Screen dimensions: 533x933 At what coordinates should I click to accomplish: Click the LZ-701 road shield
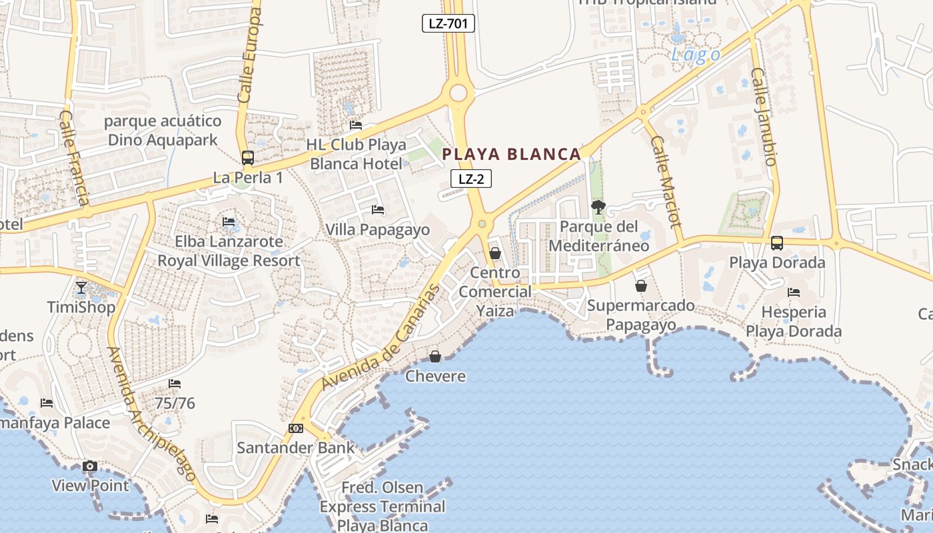pyautogui.click(x=448, y=23)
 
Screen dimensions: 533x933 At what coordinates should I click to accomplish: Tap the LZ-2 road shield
pyautogui.click(x=471, y=179)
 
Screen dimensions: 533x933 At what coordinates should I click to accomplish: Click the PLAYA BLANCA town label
pyautogui.click(x=512, y=155)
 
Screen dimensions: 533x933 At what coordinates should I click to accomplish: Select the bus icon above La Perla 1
pyautogui.click(x=247, y=158)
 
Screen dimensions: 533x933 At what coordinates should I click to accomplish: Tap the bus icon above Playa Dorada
pyautogui.click(x=777, y=243)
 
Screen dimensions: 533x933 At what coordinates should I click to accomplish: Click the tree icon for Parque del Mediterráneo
pyautogui.click(x=598, y=207)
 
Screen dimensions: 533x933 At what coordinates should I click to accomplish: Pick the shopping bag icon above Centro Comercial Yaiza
pyautogui.click(x=495, y=253)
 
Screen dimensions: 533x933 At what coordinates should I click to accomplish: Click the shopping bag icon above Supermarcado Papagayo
pyautogui.click(x=640, y=286)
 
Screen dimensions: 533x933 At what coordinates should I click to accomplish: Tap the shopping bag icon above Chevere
pyautogui.click(x=435, y=356)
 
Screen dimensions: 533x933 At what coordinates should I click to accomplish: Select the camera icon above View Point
pyautogui.click(x=90, y=466)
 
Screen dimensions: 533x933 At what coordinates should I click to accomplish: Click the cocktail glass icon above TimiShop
pyautogui.click(x=81, y=287)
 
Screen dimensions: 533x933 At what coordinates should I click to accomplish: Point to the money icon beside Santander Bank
pyautogui.click(x=296, y=428)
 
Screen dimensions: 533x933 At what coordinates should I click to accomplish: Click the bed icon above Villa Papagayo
pyautogui.click(x=378, y=210)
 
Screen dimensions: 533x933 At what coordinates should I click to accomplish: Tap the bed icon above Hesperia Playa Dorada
pyautogui.click(x=793, y=292)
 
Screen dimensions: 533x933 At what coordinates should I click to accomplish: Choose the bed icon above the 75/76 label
pyautogui.click(x=175, y=383)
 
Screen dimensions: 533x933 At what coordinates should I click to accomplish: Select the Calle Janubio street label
pyautogui.click(x=764, y=117)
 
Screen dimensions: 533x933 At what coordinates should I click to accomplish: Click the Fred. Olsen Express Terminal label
pyautogui.click(x=383, y=506)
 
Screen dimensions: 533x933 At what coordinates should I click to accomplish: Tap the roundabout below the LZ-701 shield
pyautogui.click(x=459, y=93)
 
